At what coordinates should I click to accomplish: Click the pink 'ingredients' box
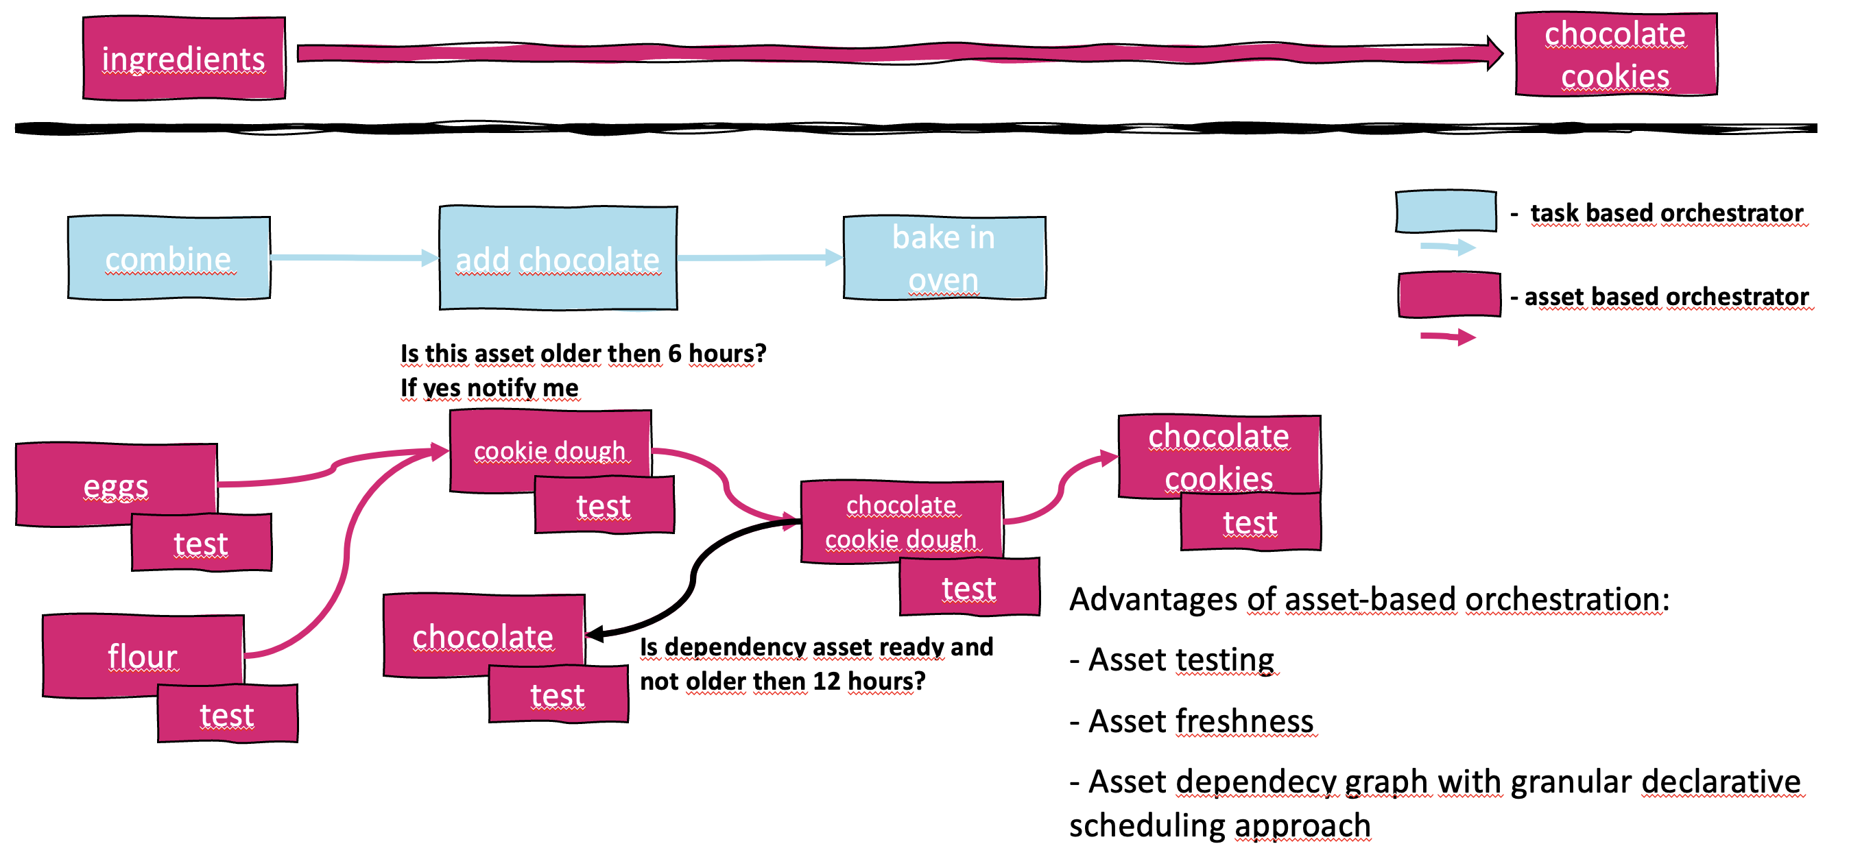click(184, 58)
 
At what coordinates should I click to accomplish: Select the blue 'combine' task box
click(169, 258)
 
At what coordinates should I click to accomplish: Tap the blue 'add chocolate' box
click(558, 258)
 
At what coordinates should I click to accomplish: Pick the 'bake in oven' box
click(944, 258)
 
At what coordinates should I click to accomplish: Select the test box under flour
click(228, 714)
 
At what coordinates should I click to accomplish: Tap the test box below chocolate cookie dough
click(969, 587)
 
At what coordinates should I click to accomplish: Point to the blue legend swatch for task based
click(1446, 212)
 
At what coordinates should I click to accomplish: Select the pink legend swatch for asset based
click(1448, 294)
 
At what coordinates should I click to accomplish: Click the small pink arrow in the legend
click(1448, 337)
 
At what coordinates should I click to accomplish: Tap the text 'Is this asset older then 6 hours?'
click(583, 354)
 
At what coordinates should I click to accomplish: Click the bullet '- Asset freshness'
click(1192, 721)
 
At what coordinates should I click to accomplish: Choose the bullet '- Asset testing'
click(1172, 660)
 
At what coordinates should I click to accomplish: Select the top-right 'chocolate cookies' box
click(1616, 55)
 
